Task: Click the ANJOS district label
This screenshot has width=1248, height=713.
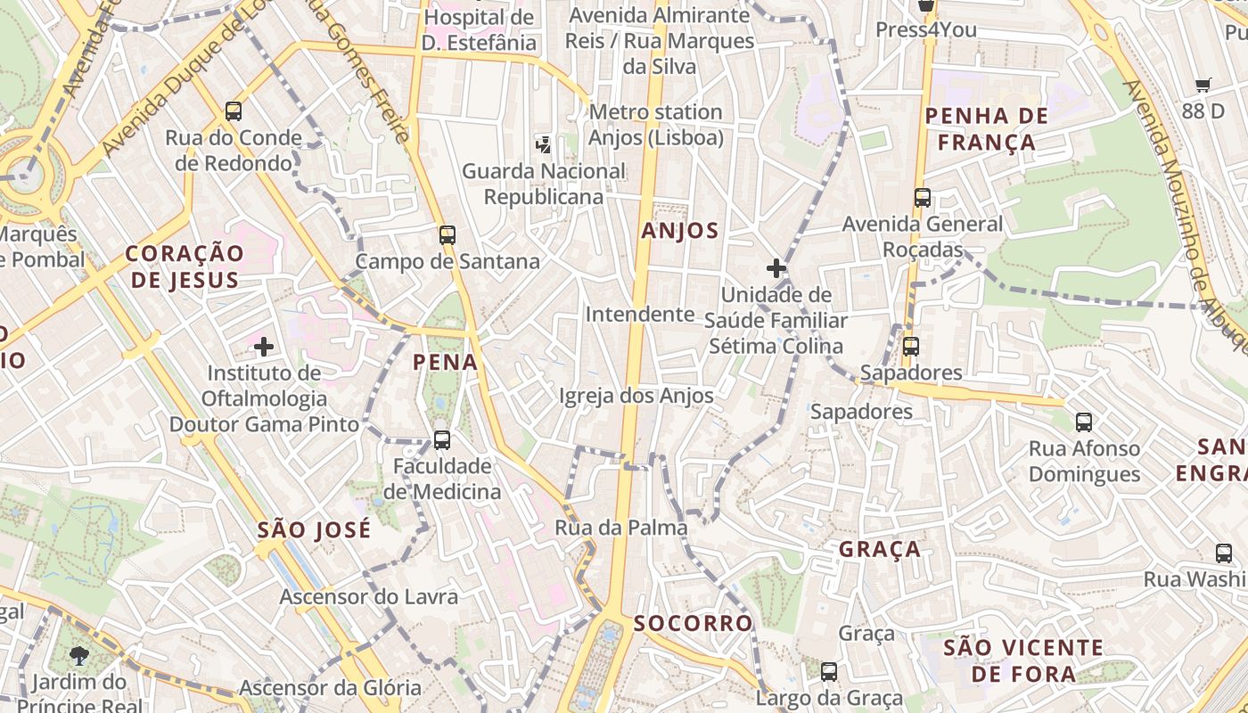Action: coord(680,231)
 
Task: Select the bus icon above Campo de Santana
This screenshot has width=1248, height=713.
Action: coord(447,235)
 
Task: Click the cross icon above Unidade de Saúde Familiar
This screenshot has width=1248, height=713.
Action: coord(776,268)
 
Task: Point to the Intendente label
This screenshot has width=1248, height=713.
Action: coord(640,314)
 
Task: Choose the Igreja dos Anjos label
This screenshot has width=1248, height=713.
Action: coord(636,396)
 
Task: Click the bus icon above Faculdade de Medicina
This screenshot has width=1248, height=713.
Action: coord(441,439)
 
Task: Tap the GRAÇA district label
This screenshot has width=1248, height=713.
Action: coord(879,549)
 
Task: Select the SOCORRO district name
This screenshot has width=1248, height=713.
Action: coord(693,623)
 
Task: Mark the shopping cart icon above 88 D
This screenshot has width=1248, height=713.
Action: coord(1203,86)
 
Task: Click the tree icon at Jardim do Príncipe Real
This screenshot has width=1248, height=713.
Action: coord(79,656)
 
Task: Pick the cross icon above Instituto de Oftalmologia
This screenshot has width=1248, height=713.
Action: coord(264,346)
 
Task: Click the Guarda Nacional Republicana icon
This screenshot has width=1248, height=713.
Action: coord(543,143)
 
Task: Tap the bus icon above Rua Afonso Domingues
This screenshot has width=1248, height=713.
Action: coord(1084,422)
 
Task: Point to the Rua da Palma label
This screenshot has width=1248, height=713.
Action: coord(621,528)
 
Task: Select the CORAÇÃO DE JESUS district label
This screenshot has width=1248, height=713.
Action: coord(185,266)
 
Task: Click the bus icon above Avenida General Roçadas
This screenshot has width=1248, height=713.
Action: coord(923,198)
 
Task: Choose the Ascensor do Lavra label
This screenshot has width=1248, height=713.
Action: coord(369,596)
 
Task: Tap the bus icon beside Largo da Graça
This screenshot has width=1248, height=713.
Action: coord(829,672)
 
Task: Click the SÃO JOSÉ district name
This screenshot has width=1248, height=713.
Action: coord(314,530)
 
